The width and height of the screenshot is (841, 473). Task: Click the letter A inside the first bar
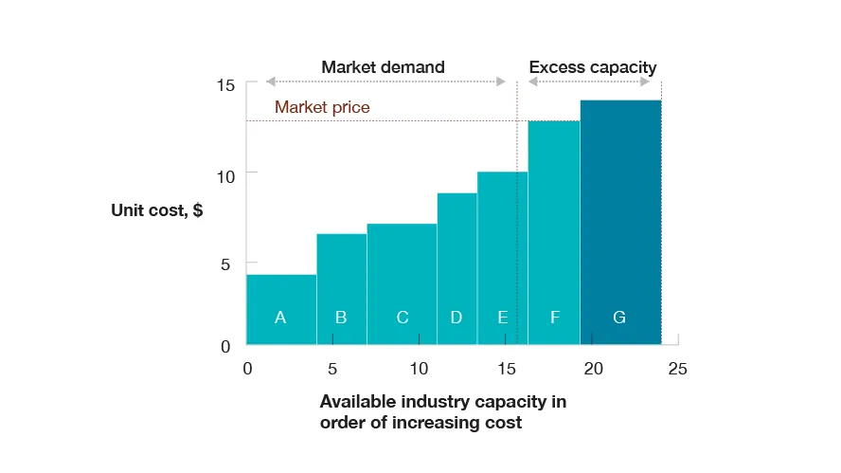[280, 318]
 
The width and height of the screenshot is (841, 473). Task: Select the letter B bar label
[341, 318]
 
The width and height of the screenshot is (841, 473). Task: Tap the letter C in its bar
[403, 318]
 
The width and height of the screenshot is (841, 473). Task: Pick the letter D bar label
[456, 318]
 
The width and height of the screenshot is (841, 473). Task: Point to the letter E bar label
[503, 318]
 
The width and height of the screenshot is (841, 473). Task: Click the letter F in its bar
[555, 318]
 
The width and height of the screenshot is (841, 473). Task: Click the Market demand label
[383, 67]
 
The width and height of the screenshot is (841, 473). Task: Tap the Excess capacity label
[592, 67]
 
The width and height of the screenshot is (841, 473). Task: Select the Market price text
[322, 107]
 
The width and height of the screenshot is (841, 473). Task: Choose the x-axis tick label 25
[677, 369]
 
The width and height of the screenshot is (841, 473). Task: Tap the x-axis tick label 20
[592, 369]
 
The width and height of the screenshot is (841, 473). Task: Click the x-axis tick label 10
[419, 369]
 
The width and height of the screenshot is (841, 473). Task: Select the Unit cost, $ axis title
[156, 210]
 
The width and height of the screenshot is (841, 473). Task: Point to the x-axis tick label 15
[505, 369]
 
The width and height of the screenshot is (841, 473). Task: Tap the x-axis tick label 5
[332, 369]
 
